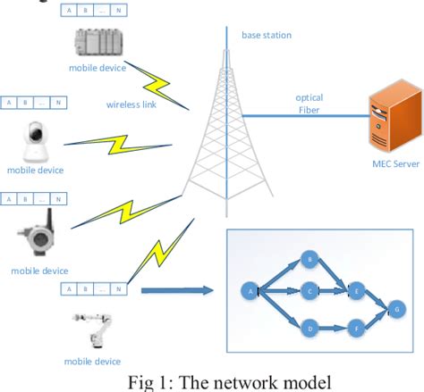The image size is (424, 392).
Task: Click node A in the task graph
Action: (249, 290)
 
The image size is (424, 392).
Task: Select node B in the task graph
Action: (310, 260)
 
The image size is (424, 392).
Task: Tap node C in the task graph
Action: (310, 290)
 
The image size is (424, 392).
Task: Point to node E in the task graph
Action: (357, 290)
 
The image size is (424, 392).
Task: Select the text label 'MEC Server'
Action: (394, 164)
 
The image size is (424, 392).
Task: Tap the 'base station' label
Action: (266, 36)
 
